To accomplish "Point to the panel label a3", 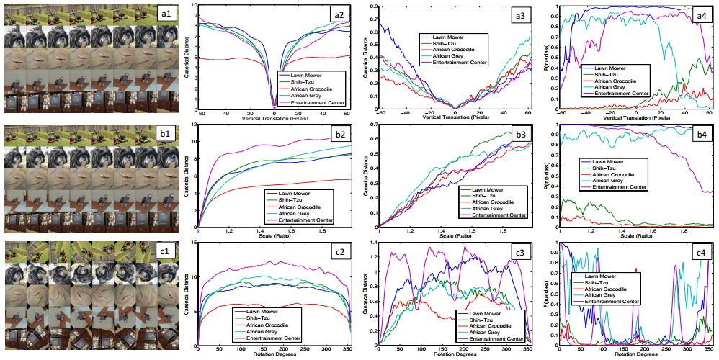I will [517, 14].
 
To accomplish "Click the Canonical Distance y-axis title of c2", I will [189, 293].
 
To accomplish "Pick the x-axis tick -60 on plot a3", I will [378, 114].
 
